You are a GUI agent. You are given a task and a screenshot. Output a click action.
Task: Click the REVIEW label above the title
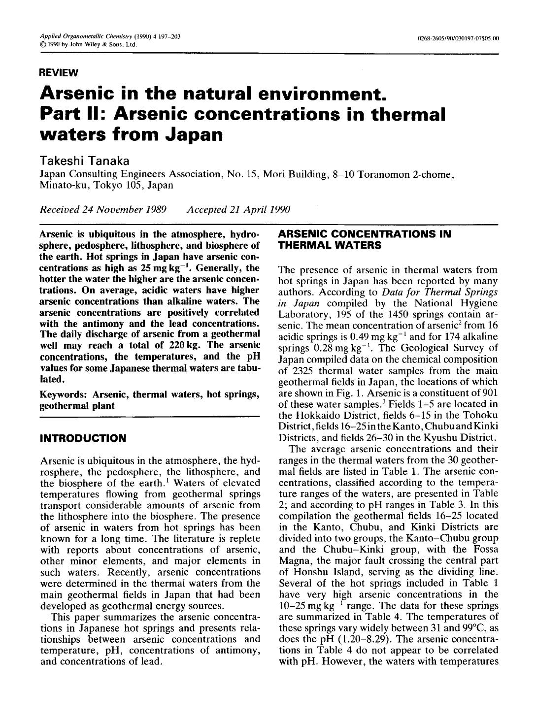coord(59,73)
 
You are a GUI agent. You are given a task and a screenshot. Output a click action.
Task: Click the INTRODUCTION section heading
coord(83,438)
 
